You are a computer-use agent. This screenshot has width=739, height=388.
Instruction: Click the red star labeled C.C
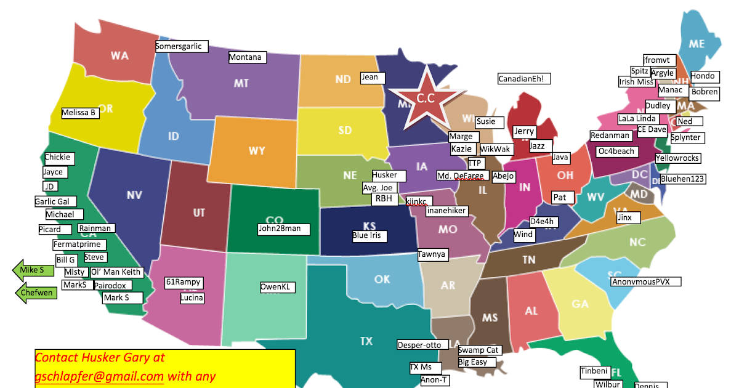click(x=426, y=98)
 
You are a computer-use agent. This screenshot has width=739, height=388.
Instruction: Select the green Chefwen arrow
click(x=36, y=293)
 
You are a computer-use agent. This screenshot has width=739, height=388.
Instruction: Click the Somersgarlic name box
click(x=179, y=46)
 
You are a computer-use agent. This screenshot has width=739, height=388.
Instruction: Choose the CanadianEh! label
click(x=524, y=79)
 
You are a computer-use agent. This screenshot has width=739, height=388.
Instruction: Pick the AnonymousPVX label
click(x=646, y=281)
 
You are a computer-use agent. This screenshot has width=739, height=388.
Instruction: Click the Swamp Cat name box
click(x=479, y=350)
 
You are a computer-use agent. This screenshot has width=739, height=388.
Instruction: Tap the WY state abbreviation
click(x=257, y=151)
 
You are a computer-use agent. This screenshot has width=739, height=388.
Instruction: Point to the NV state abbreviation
click(x=134, y=195)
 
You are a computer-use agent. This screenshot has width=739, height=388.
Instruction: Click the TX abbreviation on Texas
click(x=366, y=341)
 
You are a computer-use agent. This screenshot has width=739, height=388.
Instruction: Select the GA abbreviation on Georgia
click(x=579, y=304)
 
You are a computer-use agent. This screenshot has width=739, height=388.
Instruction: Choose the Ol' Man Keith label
click(x=116, y=272)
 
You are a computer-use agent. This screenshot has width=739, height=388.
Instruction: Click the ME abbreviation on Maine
click(x=697, y=44)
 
